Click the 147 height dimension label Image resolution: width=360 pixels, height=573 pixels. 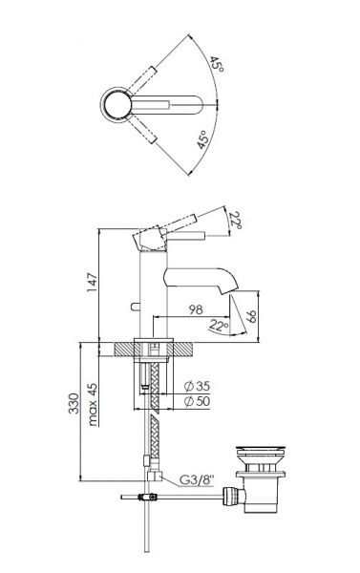[x=92, y=282]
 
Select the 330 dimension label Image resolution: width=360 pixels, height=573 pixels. [x=74, y=403]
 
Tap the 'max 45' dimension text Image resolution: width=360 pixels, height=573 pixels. [x=93, y=404]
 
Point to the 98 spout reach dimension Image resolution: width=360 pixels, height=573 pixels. [x=196, y=309]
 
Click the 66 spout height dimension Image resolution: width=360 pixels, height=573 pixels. [x=251, y=316]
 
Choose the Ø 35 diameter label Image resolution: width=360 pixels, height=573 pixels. [x=197, y=386]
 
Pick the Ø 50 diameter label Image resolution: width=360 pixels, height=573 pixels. [x=197, y=401]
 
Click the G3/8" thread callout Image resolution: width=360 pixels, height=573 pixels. [x=197, y=479]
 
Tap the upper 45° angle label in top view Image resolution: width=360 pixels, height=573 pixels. [x=217, y=64]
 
